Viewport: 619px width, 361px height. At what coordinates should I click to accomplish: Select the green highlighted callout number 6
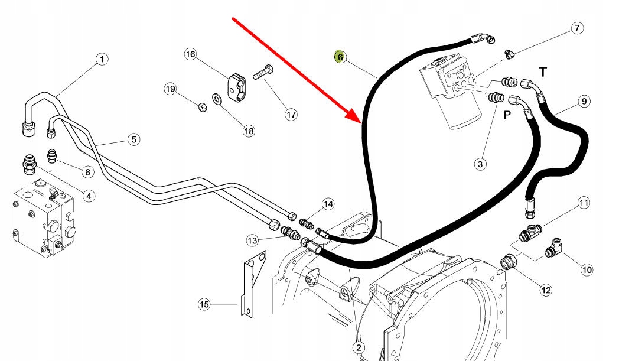[x=340, y=57]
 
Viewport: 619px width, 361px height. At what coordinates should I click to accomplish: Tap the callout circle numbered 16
[x=190, y=54]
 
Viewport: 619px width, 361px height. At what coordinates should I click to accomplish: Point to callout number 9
[x=583, y=102]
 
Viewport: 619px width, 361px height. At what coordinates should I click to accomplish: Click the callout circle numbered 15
[x=204, y=304]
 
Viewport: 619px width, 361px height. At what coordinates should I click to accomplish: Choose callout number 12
[x=545, y=290]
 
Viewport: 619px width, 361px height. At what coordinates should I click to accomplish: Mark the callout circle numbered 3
[x=481, y=164]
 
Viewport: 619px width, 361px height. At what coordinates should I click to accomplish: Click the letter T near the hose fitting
[x=543, y=72]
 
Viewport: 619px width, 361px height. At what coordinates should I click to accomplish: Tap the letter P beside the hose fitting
[x=507, y=115]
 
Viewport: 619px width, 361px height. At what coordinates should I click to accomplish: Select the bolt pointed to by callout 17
[x=260, y=74]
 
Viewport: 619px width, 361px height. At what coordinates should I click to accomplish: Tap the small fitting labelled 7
[x=509, y=54]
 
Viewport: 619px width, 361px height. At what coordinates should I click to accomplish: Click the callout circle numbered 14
[x=328, y=204]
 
